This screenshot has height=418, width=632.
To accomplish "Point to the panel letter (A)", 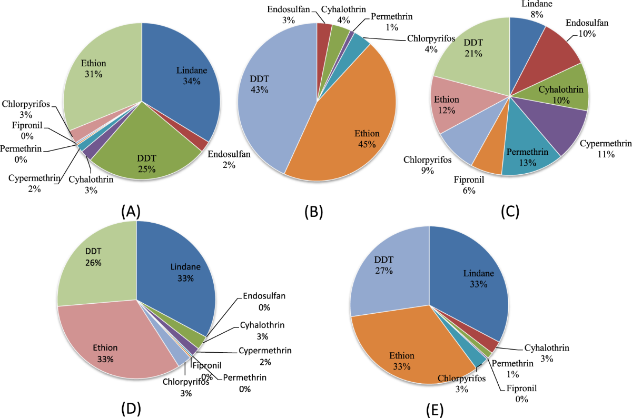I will (130, 211).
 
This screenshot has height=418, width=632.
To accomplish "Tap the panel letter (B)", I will (313, 211).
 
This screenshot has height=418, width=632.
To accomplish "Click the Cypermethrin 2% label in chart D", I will (264, 356).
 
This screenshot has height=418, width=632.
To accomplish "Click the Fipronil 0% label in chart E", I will (523, 394).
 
